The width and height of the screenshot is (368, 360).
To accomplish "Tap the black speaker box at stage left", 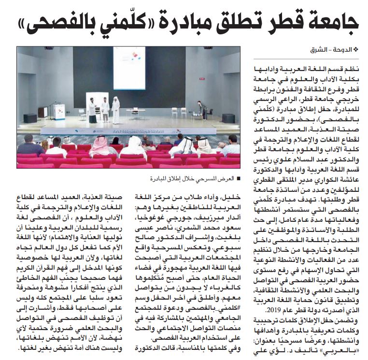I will click(30, 118).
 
